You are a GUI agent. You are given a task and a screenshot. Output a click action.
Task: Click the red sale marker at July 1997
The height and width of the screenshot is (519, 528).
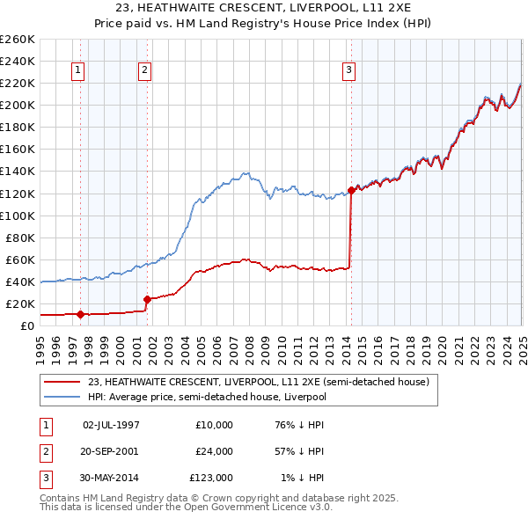point(80,314)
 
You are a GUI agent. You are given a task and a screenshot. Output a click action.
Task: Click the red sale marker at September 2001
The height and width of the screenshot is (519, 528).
point(147,299)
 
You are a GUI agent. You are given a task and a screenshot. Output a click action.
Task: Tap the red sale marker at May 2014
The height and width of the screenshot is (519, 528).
point(351,190)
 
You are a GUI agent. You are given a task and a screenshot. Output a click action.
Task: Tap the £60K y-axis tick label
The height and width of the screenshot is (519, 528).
point(19,259)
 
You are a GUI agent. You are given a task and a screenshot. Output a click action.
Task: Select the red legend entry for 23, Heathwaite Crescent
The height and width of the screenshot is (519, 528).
point(258,382)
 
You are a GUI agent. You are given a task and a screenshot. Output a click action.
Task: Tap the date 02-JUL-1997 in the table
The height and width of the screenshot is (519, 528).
point(111,425)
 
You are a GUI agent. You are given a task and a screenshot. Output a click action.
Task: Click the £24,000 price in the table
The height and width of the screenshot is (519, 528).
point(215,451)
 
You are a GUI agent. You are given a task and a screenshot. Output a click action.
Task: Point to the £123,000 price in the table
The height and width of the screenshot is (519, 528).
point(211,478)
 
